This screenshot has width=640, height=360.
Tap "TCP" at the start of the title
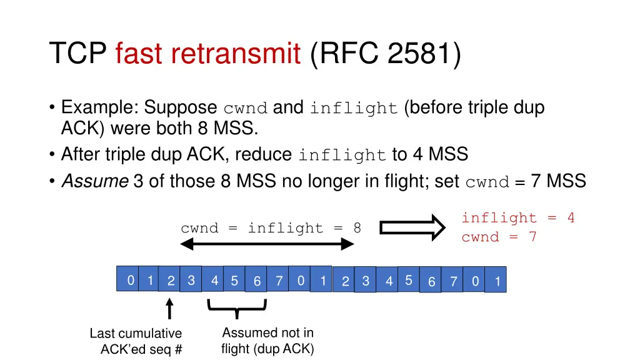point(78,54)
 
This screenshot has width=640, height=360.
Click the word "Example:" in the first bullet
point(100,107)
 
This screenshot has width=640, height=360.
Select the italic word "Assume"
point(95,181)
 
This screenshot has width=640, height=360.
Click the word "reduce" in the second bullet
point(263,154)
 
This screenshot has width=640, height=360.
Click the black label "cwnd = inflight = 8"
point(271,228)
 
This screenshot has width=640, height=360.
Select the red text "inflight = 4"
point(517,218)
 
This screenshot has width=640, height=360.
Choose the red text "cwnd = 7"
point(499,237)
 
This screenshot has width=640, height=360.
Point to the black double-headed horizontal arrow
point(267,246)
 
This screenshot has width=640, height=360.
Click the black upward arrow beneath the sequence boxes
point(169,309)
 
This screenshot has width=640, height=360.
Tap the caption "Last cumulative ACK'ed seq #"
point(136,341)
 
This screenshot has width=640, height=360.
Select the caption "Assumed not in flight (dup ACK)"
point(267,341)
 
